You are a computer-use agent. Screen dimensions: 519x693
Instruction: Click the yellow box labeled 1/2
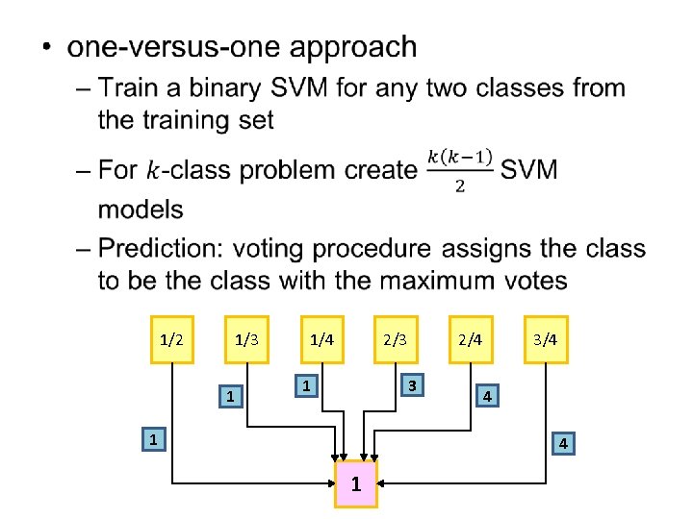[172, 339]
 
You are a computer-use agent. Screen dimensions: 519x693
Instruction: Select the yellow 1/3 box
[246, 339]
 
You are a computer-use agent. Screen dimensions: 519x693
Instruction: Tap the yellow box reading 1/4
[321, 339]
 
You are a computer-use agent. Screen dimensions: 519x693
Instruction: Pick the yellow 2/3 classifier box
[395, 339]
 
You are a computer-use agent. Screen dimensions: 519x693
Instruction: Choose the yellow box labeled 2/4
[470, 339]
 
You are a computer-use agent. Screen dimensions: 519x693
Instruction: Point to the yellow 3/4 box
[546, 339]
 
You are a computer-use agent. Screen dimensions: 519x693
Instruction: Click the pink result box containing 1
[356, 483]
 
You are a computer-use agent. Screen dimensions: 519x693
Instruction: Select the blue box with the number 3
[411, 385]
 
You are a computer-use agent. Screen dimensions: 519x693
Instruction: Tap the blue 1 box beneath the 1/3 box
[228, 395]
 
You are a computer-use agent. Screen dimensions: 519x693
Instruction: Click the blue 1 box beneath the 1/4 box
[304, 385]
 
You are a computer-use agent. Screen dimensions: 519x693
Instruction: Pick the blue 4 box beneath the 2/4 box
[488, 395]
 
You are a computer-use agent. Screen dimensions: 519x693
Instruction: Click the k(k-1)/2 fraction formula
[459, 169]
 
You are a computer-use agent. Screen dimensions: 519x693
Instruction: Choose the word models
[141, 209]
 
